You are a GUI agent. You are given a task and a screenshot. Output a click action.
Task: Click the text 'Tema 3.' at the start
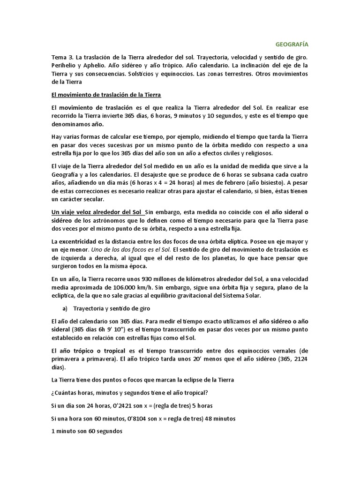62,57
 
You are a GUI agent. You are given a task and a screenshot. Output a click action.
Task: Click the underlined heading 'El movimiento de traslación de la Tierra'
106,95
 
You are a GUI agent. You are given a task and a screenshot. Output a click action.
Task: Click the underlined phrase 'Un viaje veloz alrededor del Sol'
97,212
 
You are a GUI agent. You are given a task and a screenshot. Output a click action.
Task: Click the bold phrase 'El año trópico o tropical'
92,351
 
